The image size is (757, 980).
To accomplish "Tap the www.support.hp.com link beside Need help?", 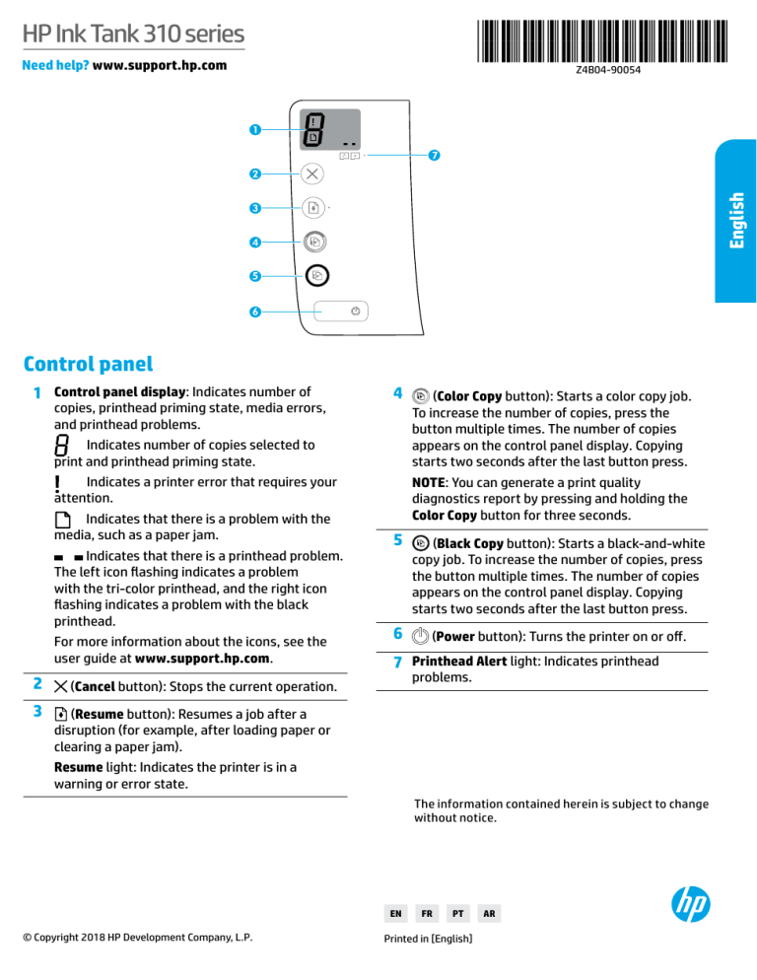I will coord(159,66).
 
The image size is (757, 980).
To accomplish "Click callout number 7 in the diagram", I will coord(434,156).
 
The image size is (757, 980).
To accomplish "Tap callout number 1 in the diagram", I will coord(254,130).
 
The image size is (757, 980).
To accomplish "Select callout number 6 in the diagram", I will coord(254,313).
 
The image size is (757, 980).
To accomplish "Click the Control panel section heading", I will coord(88,364).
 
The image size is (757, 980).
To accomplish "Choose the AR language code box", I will coord(490,914).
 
